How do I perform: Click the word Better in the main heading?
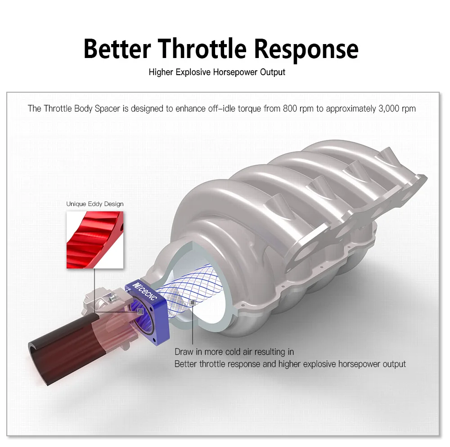click(117, 49)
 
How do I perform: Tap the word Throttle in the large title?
click(202, 49)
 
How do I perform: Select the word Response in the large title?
click(306, 49)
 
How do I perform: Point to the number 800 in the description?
click(290, 109)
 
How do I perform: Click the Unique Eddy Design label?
click(95, 204)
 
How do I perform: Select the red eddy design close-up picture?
click(95, 240)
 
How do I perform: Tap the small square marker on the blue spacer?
click(140, 312)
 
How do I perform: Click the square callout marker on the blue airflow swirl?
click(193, 303)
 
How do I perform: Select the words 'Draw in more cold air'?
click(213, 352)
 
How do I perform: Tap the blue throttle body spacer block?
click(148, 313)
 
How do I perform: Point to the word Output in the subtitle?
click(273, 72)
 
